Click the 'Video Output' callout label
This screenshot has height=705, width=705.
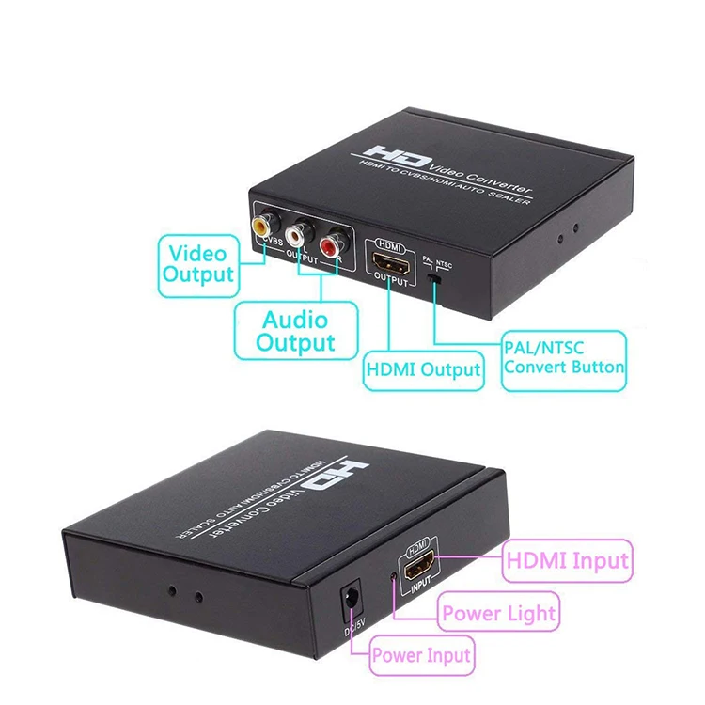point(197,264)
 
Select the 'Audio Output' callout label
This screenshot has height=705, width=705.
point(295,330)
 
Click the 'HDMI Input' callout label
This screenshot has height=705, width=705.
point(567,561)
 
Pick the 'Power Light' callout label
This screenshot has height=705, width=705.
point(499,615)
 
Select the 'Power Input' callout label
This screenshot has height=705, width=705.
point(421,654)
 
